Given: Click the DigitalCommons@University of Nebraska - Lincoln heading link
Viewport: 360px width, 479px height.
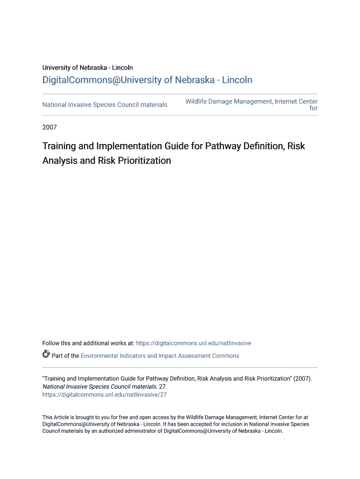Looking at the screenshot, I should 147,80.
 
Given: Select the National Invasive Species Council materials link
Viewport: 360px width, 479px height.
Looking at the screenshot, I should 105,105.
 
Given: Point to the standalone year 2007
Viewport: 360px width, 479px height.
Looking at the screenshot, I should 50,127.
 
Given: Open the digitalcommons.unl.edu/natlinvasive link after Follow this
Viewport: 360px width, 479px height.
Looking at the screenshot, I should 193,343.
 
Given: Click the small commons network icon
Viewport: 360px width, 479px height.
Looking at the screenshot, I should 46,354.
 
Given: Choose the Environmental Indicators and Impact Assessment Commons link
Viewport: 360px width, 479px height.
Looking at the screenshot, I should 160,356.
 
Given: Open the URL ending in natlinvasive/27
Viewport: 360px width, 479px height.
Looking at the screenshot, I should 104,395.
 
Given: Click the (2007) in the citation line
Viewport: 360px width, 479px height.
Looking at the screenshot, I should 302,379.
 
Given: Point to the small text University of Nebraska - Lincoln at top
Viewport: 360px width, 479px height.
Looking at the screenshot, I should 87,68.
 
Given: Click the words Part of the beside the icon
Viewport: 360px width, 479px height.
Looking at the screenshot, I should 65,356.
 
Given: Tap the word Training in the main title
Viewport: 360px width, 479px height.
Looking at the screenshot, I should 59,146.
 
